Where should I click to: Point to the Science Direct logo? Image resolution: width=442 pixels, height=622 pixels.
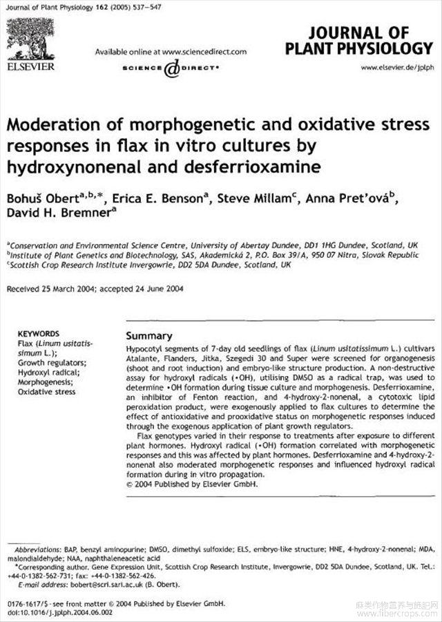pos(171,68)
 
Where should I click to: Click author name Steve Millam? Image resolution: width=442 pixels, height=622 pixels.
pos(255,199)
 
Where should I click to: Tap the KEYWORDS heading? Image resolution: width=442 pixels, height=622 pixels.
pos(38,333)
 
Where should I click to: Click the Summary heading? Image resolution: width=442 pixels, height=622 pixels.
pos(149,335)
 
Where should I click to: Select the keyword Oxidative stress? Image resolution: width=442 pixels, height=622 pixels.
pos(46,392)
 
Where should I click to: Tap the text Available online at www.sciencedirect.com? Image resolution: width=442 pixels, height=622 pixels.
pos(171,52)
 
